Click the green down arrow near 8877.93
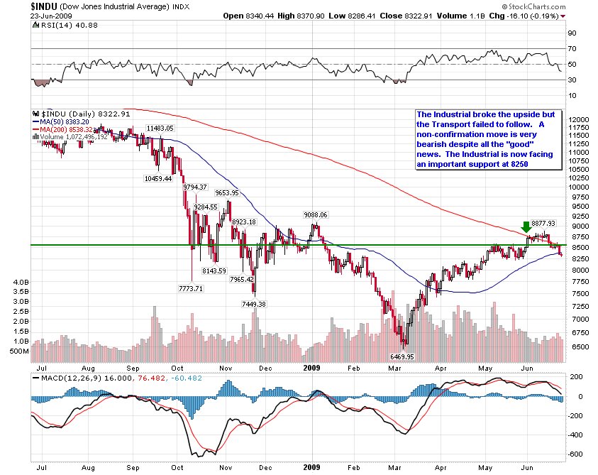(x=526, y=226)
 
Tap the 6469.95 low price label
(x=402, y=356)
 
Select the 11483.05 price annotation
(x=160, y=129)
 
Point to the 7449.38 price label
(x=254, y=305)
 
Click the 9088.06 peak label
(x=316, y=215)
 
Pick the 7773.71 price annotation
(x=191, y=289)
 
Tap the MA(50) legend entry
(x=61, y=122)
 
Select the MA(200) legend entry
(x=63, y=129)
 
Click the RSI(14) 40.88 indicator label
(x=65, y=25)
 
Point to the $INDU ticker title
(x=44, y=6)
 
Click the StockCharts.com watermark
(x=534, y=6)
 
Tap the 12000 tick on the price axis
(x=579, y=119)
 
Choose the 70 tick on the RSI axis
(x=572, y=49)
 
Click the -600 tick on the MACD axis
(x=575, y=454)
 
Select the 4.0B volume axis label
(x=21, y=282)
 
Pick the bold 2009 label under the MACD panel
(x=311, y=467)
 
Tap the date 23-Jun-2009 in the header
(x=51, y=16)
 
